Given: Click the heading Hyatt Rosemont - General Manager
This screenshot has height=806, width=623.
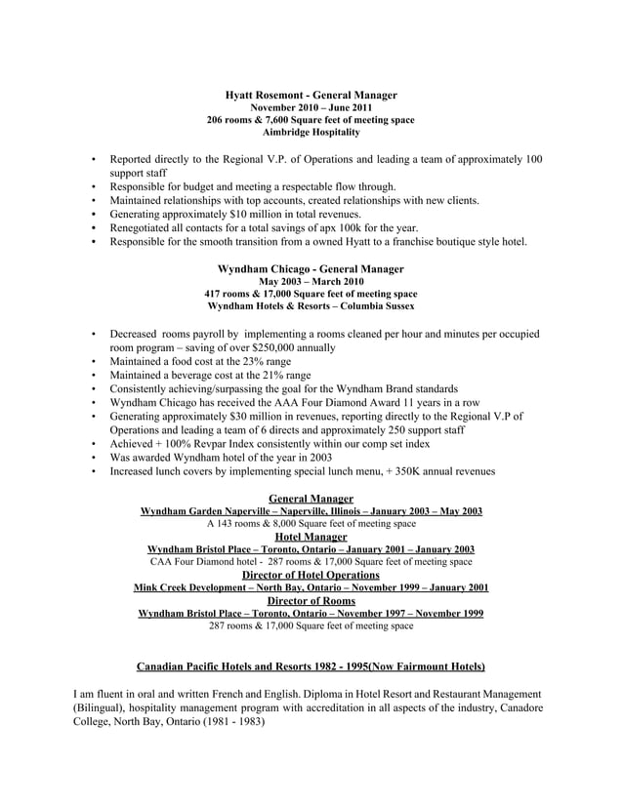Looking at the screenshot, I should pyautogui.click(x=311, y=95).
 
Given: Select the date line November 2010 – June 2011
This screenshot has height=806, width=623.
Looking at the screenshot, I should pyautogui.click(x=311, y=107).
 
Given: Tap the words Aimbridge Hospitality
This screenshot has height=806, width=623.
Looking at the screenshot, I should pyautogui.click(x=311, y=132).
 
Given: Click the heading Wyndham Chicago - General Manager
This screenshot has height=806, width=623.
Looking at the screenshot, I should pyautogui.click(x=311, y=268).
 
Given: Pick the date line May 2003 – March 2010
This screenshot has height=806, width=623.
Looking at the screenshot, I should pyautogui.click(x=311, y=281).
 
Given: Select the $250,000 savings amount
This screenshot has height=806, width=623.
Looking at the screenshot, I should pyautogui.click(x=279, y=346).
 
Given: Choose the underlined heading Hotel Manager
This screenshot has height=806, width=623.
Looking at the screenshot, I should pyautogui.click(x=311, y=537).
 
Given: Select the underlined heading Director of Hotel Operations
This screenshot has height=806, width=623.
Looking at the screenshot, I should pyautogui.click(x=311, y=575).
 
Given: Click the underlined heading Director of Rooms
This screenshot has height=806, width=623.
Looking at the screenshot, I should pyautogui.click(x=311, y=601).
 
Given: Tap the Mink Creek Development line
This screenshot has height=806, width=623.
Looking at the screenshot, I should pyautogui.click(x=311, y=587).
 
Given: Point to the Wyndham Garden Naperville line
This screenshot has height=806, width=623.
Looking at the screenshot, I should pyautogui.click(x=311, y=511).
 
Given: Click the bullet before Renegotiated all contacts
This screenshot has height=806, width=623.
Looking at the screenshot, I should pyautogui.click(x=93, y=227).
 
